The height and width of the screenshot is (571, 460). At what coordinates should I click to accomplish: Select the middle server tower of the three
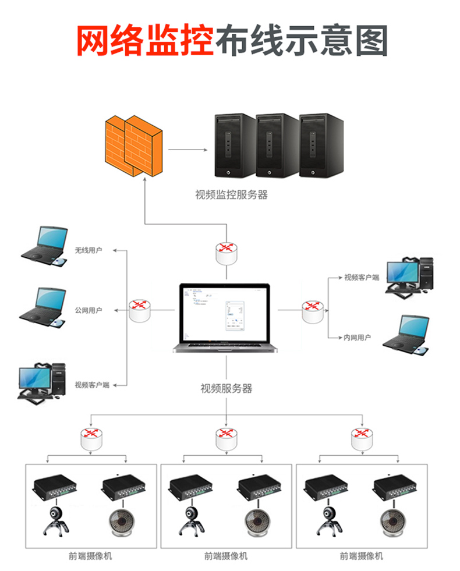[x=278, y=145]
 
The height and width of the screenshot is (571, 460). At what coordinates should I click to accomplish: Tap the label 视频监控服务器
[x=231, y=195]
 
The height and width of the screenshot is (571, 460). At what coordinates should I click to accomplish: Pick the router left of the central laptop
[x=139, y=310]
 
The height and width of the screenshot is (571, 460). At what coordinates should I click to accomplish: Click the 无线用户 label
[x=89, y=250]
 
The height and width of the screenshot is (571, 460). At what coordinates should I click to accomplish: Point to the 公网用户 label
[x=89, y=310]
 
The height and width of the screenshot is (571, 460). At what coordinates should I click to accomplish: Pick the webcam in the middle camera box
[x=192, y=520]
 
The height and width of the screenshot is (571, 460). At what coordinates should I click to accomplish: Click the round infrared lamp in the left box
[x=122, y=521]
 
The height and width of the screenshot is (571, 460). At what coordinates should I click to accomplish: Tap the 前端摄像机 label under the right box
[x=362, y=556]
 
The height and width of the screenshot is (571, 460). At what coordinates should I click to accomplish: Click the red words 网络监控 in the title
[x=145, y=40]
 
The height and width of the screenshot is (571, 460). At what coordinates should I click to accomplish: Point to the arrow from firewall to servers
[x=188, y=150]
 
